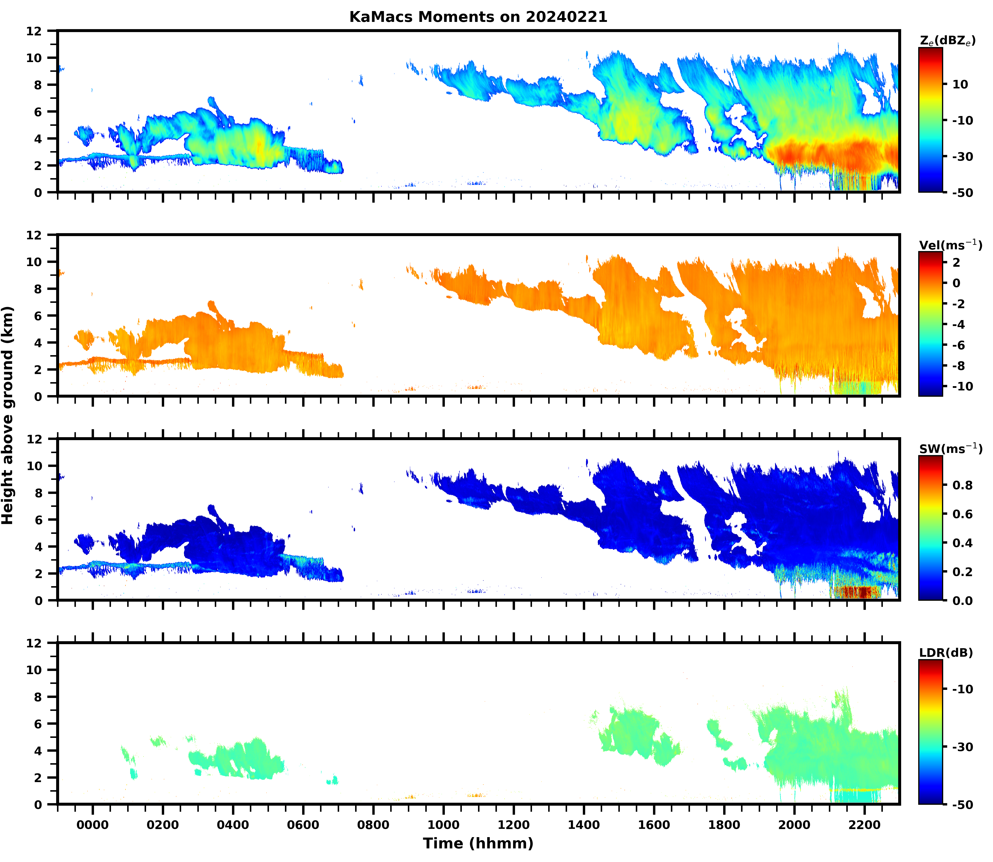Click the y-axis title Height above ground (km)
point(8,415)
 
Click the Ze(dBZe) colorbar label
point(947,41)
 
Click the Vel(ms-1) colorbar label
point(950,245)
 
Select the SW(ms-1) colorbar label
point(950,449)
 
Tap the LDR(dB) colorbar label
point(946,653)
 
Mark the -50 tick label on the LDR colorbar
point(963,804)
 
